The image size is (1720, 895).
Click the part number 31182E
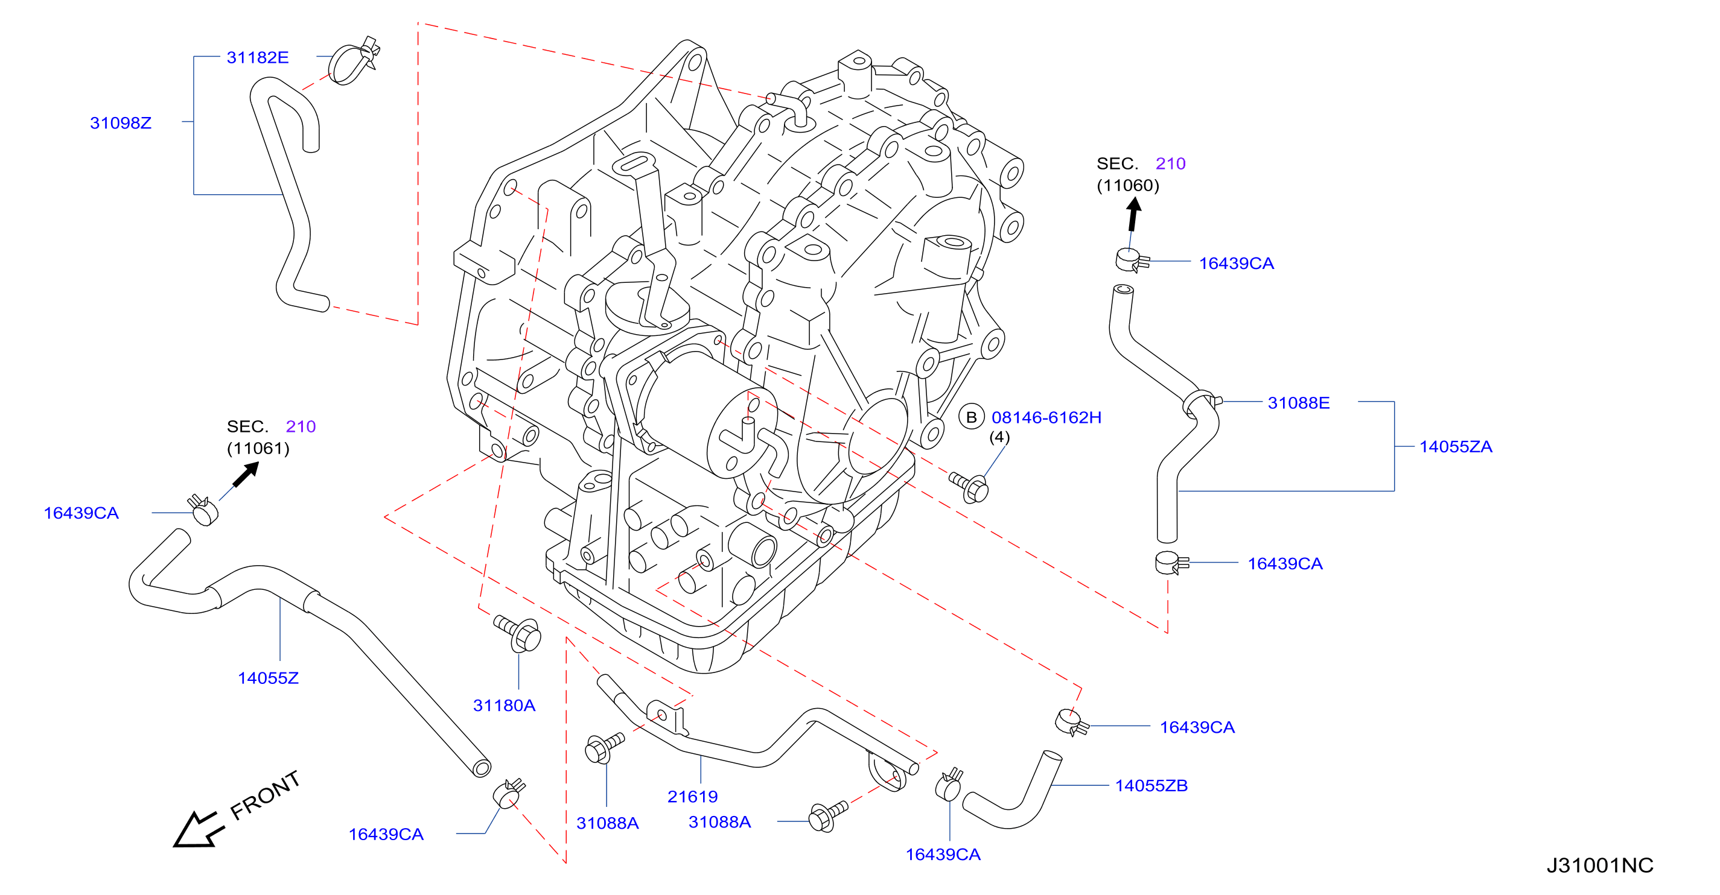[258, 57]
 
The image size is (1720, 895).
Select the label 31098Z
[121, 123]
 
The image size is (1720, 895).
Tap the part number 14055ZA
[1456, 446]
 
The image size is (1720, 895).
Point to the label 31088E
[1299, 402]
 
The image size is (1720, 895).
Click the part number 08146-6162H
[1046, 417]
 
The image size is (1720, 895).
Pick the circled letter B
[972, 417]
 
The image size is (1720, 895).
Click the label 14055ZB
[1151, 786]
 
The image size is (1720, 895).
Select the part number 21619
[692, 796]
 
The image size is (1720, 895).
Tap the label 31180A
[504, 706]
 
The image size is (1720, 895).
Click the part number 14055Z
[268, 678]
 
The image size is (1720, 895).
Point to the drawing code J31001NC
[1600, 865]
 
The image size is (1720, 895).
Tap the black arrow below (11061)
[246, 475]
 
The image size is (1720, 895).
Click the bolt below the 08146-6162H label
[969, 487]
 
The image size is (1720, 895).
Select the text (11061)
[258, 448]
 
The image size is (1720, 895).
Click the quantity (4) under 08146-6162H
[999, 437]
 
